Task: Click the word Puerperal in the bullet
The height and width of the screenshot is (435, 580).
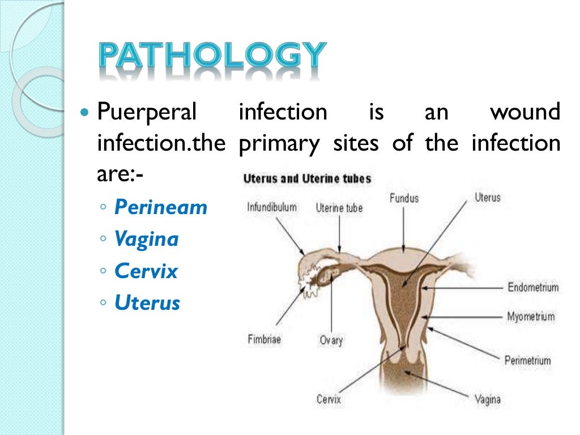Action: [x=147, y=112]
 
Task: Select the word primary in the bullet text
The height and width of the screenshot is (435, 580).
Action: [x=279, y=144]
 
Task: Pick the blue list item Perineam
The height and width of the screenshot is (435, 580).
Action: [x=161, y=207]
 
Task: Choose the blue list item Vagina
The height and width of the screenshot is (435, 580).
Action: [x=146, y=239]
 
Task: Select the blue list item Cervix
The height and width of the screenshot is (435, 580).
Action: [x=146, y=271]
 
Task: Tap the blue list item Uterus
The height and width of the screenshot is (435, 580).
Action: [x=147, y=302]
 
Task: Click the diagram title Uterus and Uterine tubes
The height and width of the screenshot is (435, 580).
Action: [x=307, y=179]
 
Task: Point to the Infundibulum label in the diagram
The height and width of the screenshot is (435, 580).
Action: [x=272, y=207]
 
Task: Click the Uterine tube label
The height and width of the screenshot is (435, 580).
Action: [x=339, y=208]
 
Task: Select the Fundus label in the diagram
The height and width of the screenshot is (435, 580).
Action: [x=404, y=198]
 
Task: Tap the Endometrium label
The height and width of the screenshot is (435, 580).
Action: [x=532, y=288]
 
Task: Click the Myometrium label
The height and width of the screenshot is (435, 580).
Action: [x=531, y=317]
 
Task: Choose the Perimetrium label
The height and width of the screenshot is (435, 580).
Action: [x=527, y=360]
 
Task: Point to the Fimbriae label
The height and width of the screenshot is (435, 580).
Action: [x=265, y=340]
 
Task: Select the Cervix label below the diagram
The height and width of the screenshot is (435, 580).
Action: [x=329, y=399]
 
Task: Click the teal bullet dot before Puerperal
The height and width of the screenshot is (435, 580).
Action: [x=86, y=112]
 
